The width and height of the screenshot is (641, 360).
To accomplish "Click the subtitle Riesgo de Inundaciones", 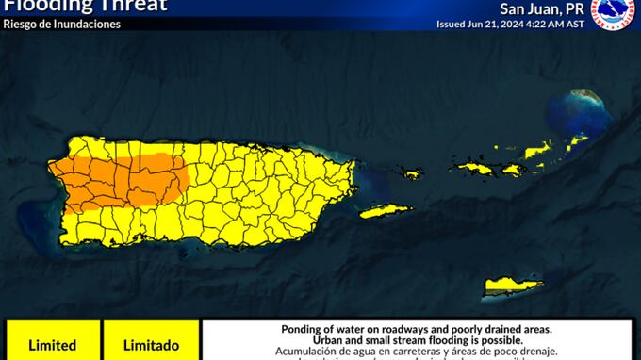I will pos(62,24).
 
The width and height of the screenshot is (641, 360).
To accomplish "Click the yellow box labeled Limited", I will pos(51,345).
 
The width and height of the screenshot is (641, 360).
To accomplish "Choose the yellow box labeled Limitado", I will pos(151,345).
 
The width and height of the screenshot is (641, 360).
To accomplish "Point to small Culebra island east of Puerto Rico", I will pos(411,173).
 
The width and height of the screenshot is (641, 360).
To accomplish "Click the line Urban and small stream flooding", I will pos(416,340).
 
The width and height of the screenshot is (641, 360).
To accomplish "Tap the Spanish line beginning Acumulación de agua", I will pos(416,352).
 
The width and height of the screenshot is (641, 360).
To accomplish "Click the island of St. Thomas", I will pos(471,169).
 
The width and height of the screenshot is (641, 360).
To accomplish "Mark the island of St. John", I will pos(512,170).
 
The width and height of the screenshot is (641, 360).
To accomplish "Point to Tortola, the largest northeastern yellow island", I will pos(538,149).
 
